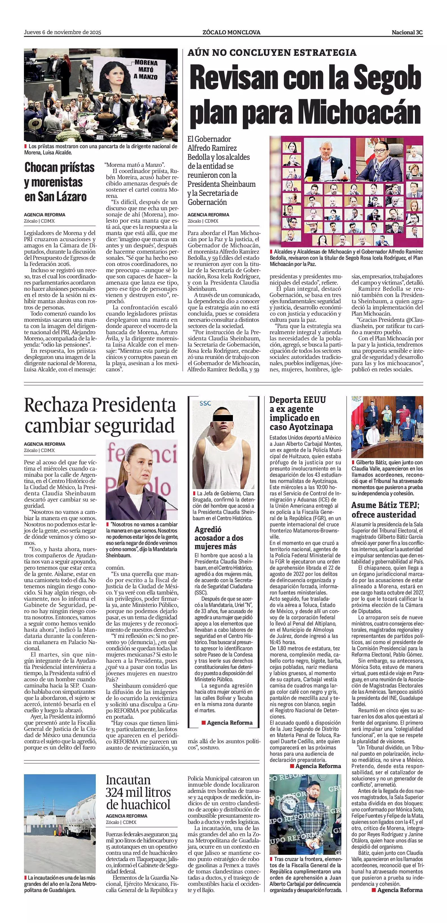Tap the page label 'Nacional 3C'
407,32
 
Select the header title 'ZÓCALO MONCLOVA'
231,32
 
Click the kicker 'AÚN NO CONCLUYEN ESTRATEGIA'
272,53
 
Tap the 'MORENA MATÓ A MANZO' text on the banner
146,70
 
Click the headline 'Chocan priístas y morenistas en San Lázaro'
59,182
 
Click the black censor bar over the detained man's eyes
223,418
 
